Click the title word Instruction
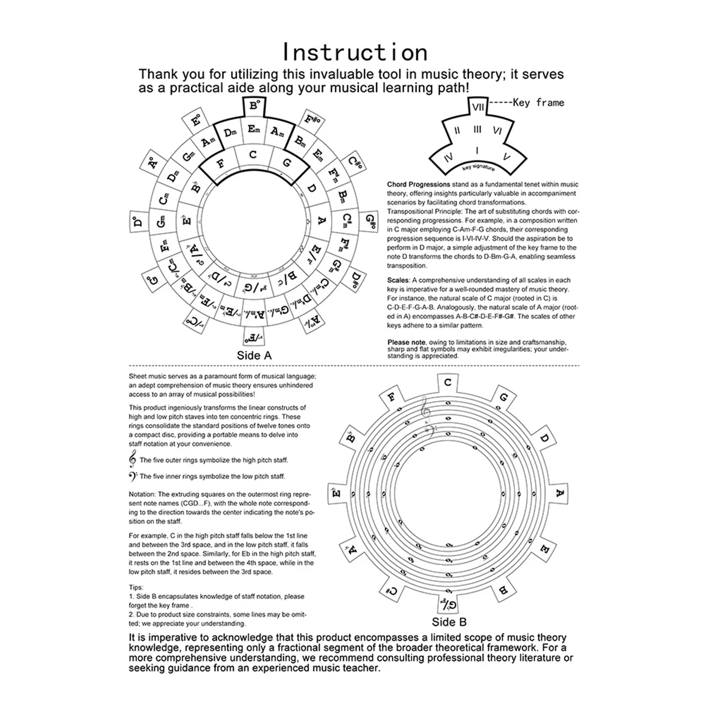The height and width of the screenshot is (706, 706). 355,52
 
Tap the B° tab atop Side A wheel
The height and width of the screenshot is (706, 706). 254,106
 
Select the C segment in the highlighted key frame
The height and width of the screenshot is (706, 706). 253,155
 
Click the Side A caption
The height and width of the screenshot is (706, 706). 254,355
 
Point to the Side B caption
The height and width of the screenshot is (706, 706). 449,622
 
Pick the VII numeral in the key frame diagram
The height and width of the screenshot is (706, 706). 477,107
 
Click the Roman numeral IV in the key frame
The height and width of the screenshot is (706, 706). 448,156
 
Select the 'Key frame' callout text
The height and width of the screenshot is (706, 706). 538,102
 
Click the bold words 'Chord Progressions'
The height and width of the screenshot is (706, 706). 418,184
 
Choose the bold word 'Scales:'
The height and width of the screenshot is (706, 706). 399,281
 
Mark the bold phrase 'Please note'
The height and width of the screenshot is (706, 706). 407,342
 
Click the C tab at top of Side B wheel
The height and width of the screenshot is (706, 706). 448,382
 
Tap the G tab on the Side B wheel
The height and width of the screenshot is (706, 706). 503,398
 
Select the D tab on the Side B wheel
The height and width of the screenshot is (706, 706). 544,438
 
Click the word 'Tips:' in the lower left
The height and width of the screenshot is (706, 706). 136,587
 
